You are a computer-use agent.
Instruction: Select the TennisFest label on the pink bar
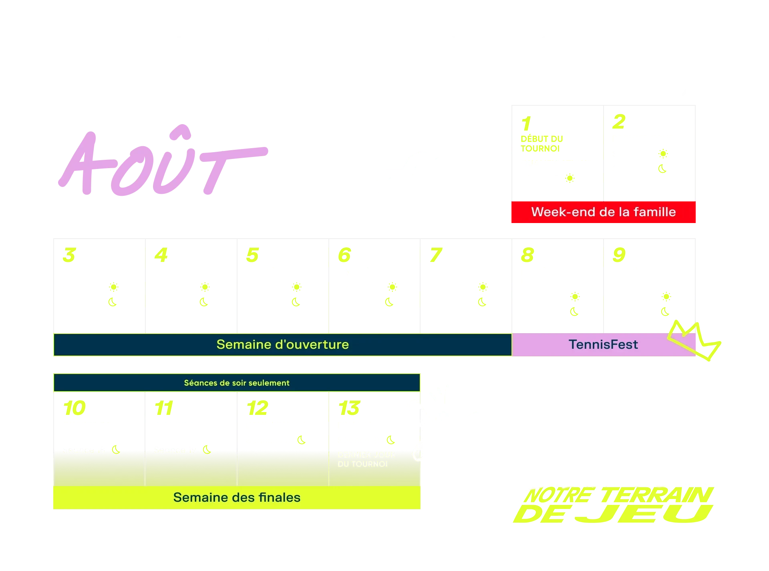pyautogui.click(x=603, y=344)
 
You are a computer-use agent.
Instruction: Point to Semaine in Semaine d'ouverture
pyautogui.click(x=241, y=344)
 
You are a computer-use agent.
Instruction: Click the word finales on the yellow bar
pyautogui.click(x=280, y=497)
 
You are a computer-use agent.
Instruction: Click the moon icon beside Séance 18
pyautogui.click(x=116, y=450)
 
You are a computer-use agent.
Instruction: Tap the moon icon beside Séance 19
pyautogui.click(x=207, y=450)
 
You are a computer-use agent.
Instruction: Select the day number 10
pyautogui.click(x=74, y=408)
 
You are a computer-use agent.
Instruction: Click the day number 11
pyautogui.click(x=164, y=408)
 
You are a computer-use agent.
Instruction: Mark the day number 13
pyautogui.click(x=348, y=408)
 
